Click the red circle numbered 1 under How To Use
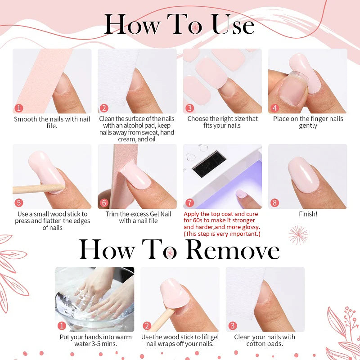click(x=18, y=108)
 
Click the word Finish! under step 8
click(x=308, y=214)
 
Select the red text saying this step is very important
click(x=222, y=234)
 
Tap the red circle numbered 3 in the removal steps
click(x=232, y=326)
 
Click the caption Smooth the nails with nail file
click(x=52, y=122)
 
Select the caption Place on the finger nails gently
click(x=308, y=122)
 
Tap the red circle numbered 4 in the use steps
click(x=274, y=108)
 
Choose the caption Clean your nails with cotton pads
click(x=265, y=340)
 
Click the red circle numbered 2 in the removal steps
click(x=147, y=326)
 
